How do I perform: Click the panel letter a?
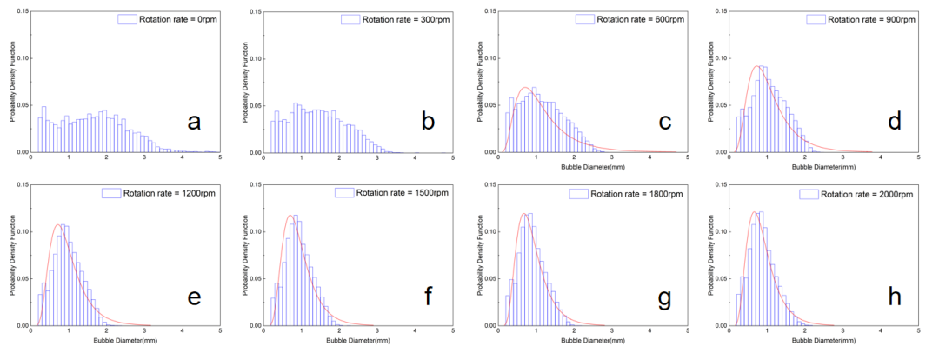pyautogui.click(x=194, y=123)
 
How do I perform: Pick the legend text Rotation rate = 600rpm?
pyautogui.click(x=643, y=18)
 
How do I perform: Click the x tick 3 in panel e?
pyautogui.click(x=144, y=331)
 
